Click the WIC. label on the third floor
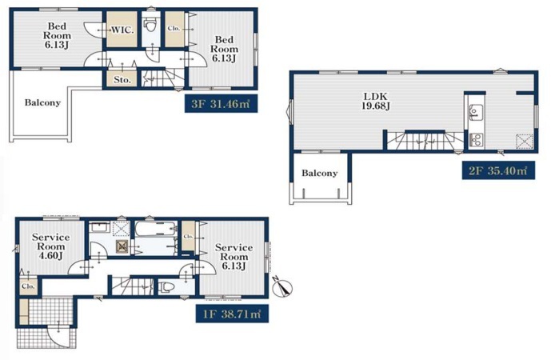[x=122, y=30]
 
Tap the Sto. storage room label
[x=122, y=80]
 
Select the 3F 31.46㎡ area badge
[x=221, y=103]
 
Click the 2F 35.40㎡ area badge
[x=498, y=170]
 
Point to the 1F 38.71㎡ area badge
[x=232, y=314]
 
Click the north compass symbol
[x=282, y=287]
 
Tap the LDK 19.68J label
[x=376, y=101]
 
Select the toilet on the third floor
[x=150, y=25]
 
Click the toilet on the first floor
[x=166, y=286]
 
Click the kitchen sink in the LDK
[x=474, y=113]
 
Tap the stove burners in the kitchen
[x=476, y=139]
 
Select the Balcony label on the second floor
[x=319, y=173]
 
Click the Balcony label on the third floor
[x=42, y=102]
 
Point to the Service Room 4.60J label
[x=50, y=246]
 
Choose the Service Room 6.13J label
[x=234, y=257]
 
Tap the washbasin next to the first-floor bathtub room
[x=99, y=227]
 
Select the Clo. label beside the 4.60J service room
[x=28, y=286]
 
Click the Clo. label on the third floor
[x=174, y=29]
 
